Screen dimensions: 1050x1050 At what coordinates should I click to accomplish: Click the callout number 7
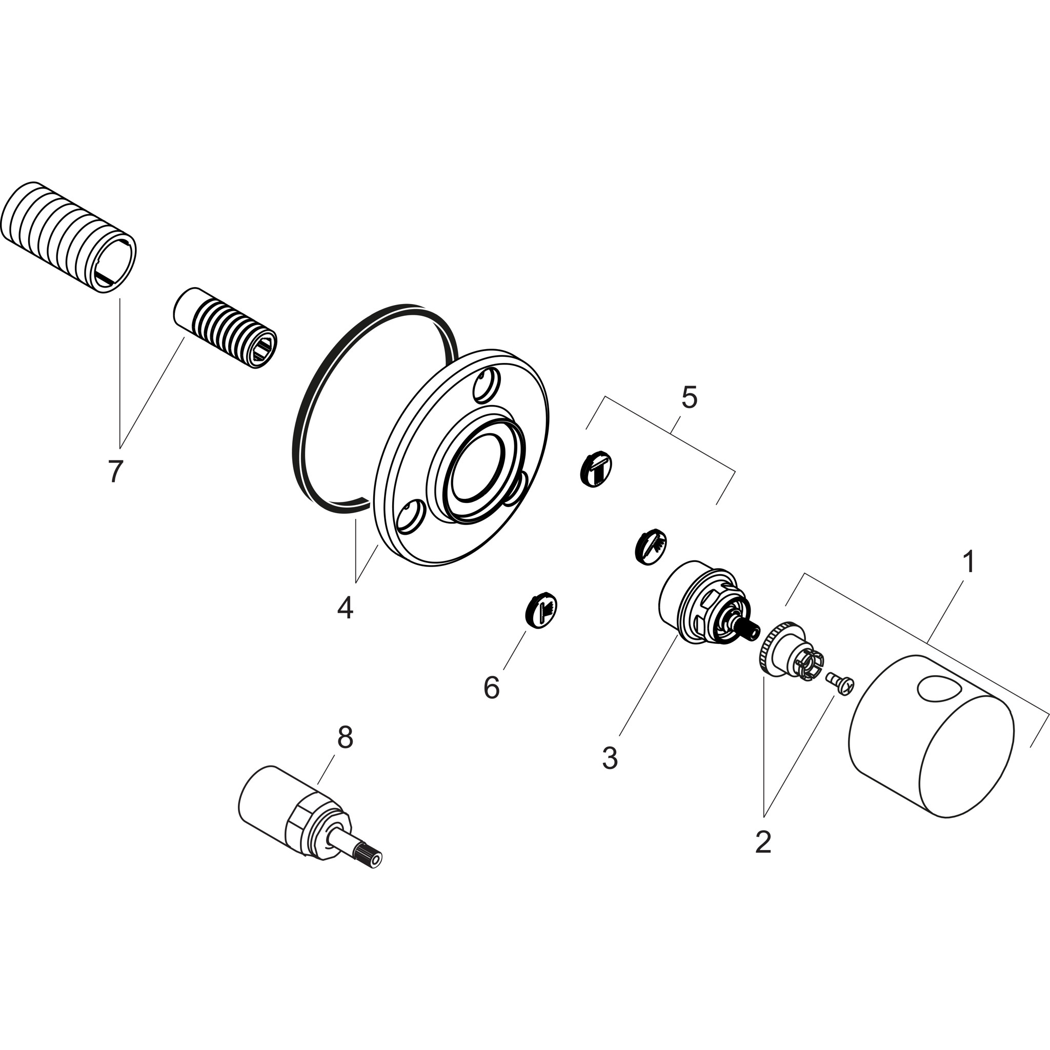click(115, 471)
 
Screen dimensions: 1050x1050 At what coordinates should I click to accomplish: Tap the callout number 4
click(345, 607)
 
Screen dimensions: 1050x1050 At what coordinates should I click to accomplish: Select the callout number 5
click(689, 398)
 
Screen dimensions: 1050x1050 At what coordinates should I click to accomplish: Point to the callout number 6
click(491, 688)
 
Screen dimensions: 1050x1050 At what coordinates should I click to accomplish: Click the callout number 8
click(345, 737)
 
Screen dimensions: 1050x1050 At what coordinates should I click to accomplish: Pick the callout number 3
click(610, 758)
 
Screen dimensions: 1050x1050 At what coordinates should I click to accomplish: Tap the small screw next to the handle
click(839, 681)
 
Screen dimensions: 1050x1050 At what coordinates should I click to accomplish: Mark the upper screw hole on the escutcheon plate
click(485, 385)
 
